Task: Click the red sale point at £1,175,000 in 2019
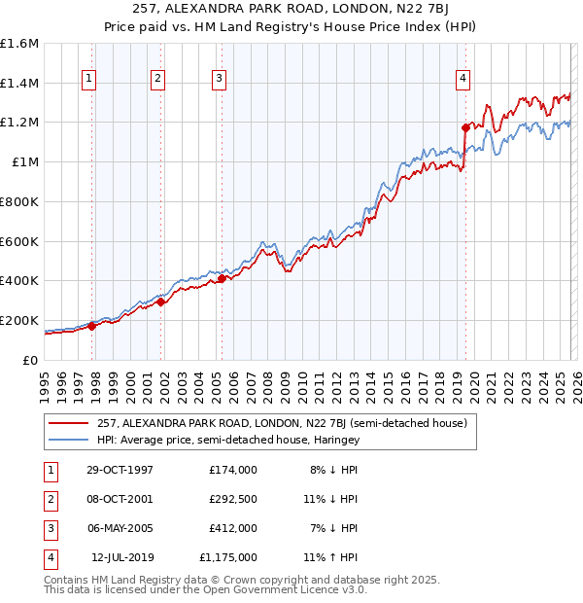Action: click(465, 126)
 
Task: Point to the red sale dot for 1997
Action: click(92, 326)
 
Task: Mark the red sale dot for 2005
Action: click(222, 278)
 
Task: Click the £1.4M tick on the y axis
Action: click(19, 84)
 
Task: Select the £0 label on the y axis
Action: click(31, 360)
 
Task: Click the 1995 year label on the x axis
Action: click(45, 385)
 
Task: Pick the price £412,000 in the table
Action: click(233, 528)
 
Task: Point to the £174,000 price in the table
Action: click(233, 469)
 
